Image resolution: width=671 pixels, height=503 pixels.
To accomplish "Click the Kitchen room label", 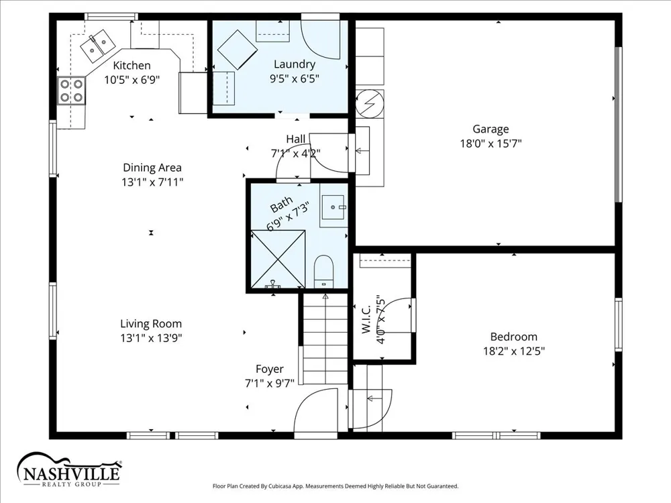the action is pyautogui.click(x=132, y=66).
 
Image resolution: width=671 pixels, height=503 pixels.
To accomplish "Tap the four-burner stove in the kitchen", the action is pyautogui.click(x=72, y=91).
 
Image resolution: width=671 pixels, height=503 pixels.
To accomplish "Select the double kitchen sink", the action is pyautogui.click(x=97, y=46).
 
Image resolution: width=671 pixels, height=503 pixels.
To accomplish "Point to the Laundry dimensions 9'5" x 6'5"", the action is pyautogui.click(x=295, y=78).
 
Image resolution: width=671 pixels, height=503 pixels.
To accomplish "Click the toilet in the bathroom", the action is pyautogui.click(x=323, y=272).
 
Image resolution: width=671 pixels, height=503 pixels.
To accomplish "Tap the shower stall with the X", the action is pyautogui.click(x=278, y=259).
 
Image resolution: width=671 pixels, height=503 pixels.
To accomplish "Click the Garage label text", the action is pyautogui.click(x=491, y=129).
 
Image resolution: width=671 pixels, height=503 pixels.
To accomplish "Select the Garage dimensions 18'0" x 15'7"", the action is pyautogui.click(x=491, y=144).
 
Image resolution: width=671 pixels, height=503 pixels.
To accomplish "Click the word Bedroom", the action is pyautogui.click(x=513, y=337).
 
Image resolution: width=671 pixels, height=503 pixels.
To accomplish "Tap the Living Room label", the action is pyautogui.click(x=151, y=324).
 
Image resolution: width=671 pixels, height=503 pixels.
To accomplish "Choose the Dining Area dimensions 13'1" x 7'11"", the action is pyautogui.click(x=152, y=182).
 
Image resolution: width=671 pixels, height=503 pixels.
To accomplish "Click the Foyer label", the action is pyautogui.click(x=270, y=369).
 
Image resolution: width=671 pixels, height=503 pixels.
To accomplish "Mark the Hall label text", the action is pyautogui.click(x=296, y=139).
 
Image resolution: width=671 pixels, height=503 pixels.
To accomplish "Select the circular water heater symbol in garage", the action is pyautogui.click(x=370, y=103).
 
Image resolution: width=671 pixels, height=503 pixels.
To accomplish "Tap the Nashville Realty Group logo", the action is pyautogui.click(x=69, y=469).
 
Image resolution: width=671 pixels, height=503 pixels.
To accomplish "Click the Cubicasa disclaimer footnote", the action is pyautogui.click(x=335, y=486).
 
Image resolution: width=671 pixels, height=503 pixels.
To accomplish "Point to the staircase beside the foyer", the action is pyautogui.click(x=325, y=339).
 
